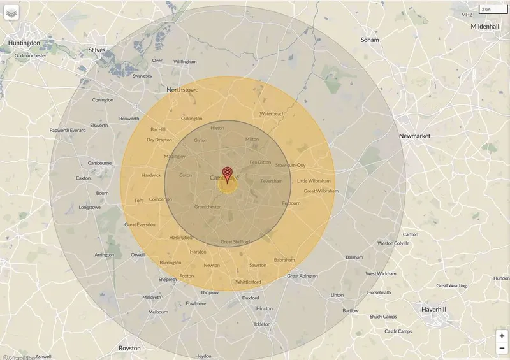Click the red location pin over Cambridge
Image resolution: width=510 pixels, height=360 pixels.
(227, 173)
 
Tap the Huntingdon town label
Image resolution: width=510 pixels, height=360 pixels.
(24, 43)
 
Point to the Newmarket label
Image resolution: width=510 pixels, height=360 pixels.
(414, 136)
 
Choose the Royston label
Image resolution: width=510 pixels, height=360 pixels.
(129, 348)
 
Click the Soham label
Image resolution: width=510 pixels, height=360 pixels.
(370, 40)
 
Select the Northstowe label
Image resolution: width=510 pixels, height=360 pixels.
(182, 90)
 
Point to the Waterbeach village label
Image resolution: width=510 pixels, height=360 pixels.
(272, 114)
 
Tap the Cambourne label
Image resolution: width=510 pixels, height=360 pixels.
(99, 163)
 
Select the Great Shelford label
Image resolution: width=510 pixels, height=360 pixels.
(235, 242)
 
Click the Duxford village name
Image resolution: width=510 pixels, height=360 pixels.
(251, 298)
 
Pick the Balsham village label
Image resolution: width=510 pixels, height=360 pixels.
(354, 257)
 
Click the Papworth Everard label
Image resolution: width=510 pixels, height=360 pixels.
(68, 131)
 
